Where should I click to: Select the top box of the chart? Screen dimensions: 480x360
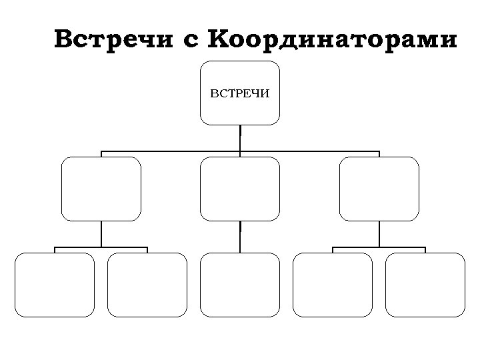click(240, 110)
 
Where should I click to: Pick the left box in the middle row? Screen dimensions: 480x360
click(101, 189)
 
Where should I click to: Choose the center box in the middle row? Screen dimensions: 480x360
click(240, 189)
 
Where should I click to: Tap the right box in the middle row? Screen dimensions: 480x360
click(379, 189)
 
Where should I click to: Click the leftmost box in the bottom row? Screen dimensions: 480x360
click(55, 285)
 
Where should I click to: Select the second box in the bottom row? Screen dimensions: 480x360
click(147, 285)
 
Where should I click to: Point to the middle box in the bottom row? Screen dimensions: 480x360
click(240, 285)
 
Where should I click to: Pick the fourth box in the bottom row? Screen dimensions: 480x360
click(333, 285)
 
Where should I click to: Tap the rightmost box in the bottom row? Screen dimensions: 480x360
click(425, 285)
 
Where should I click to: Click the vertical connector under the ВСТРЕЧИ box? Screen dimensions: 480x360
click(240, 138)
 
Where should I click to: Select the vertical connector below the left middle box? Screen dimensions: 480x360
click(101, 233)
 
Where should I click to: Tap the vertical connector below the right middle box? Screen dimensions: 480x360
click(379, 233)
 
